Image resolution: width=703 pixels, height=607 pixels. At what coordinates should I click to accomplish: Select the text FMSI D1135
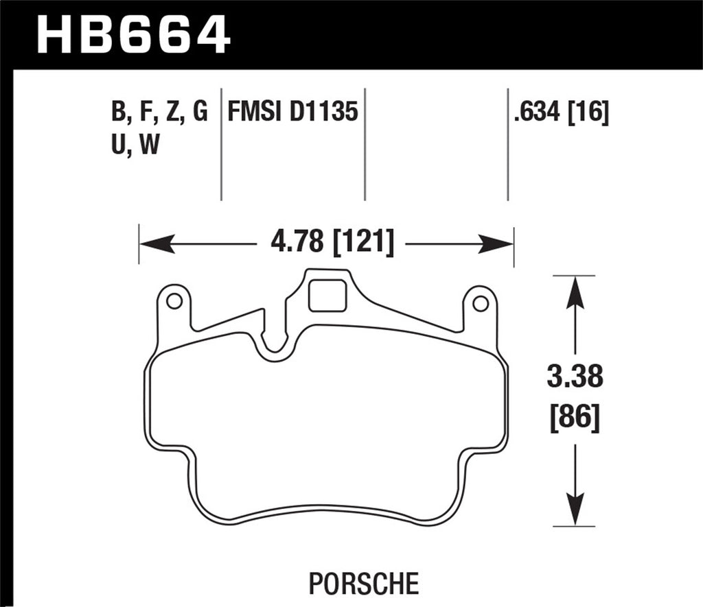(292, 112)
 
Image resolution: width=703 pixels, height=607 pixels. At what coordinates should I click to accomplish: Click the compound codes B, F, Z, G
(158, 112)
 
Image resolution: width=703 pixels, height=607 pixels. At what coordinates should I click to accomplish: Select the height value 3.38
(575, 377)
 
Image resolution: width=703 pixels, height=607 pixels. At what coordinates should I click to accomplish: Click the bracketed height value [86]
(575, 416)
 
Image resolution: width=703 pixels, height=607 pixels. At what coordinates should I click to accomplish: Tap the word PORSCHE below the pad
(363, 584)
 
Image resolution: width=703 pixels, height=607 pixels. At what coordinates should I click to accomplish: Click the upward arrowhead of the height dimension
(575, 291)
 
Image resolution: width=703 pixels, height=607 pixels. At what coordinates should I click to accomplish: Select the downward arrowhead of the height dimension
(575, 511)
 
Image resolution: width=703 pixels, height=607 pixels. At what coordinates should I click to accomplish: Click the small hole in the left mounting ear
(174, 300)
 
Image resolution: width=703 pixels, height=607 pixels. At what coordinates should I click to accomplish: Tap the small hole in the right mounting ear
(481, 302)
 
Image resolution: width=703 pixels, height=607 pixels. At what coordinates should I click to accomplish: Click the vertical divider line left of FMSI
(221, 144)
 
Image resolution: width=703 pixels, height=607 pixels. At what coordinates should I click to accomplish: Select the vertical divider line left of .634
(507, 144)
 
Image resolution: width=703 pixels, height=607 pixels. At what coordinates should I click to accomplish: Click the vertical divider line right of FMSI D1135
(365, 144)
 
